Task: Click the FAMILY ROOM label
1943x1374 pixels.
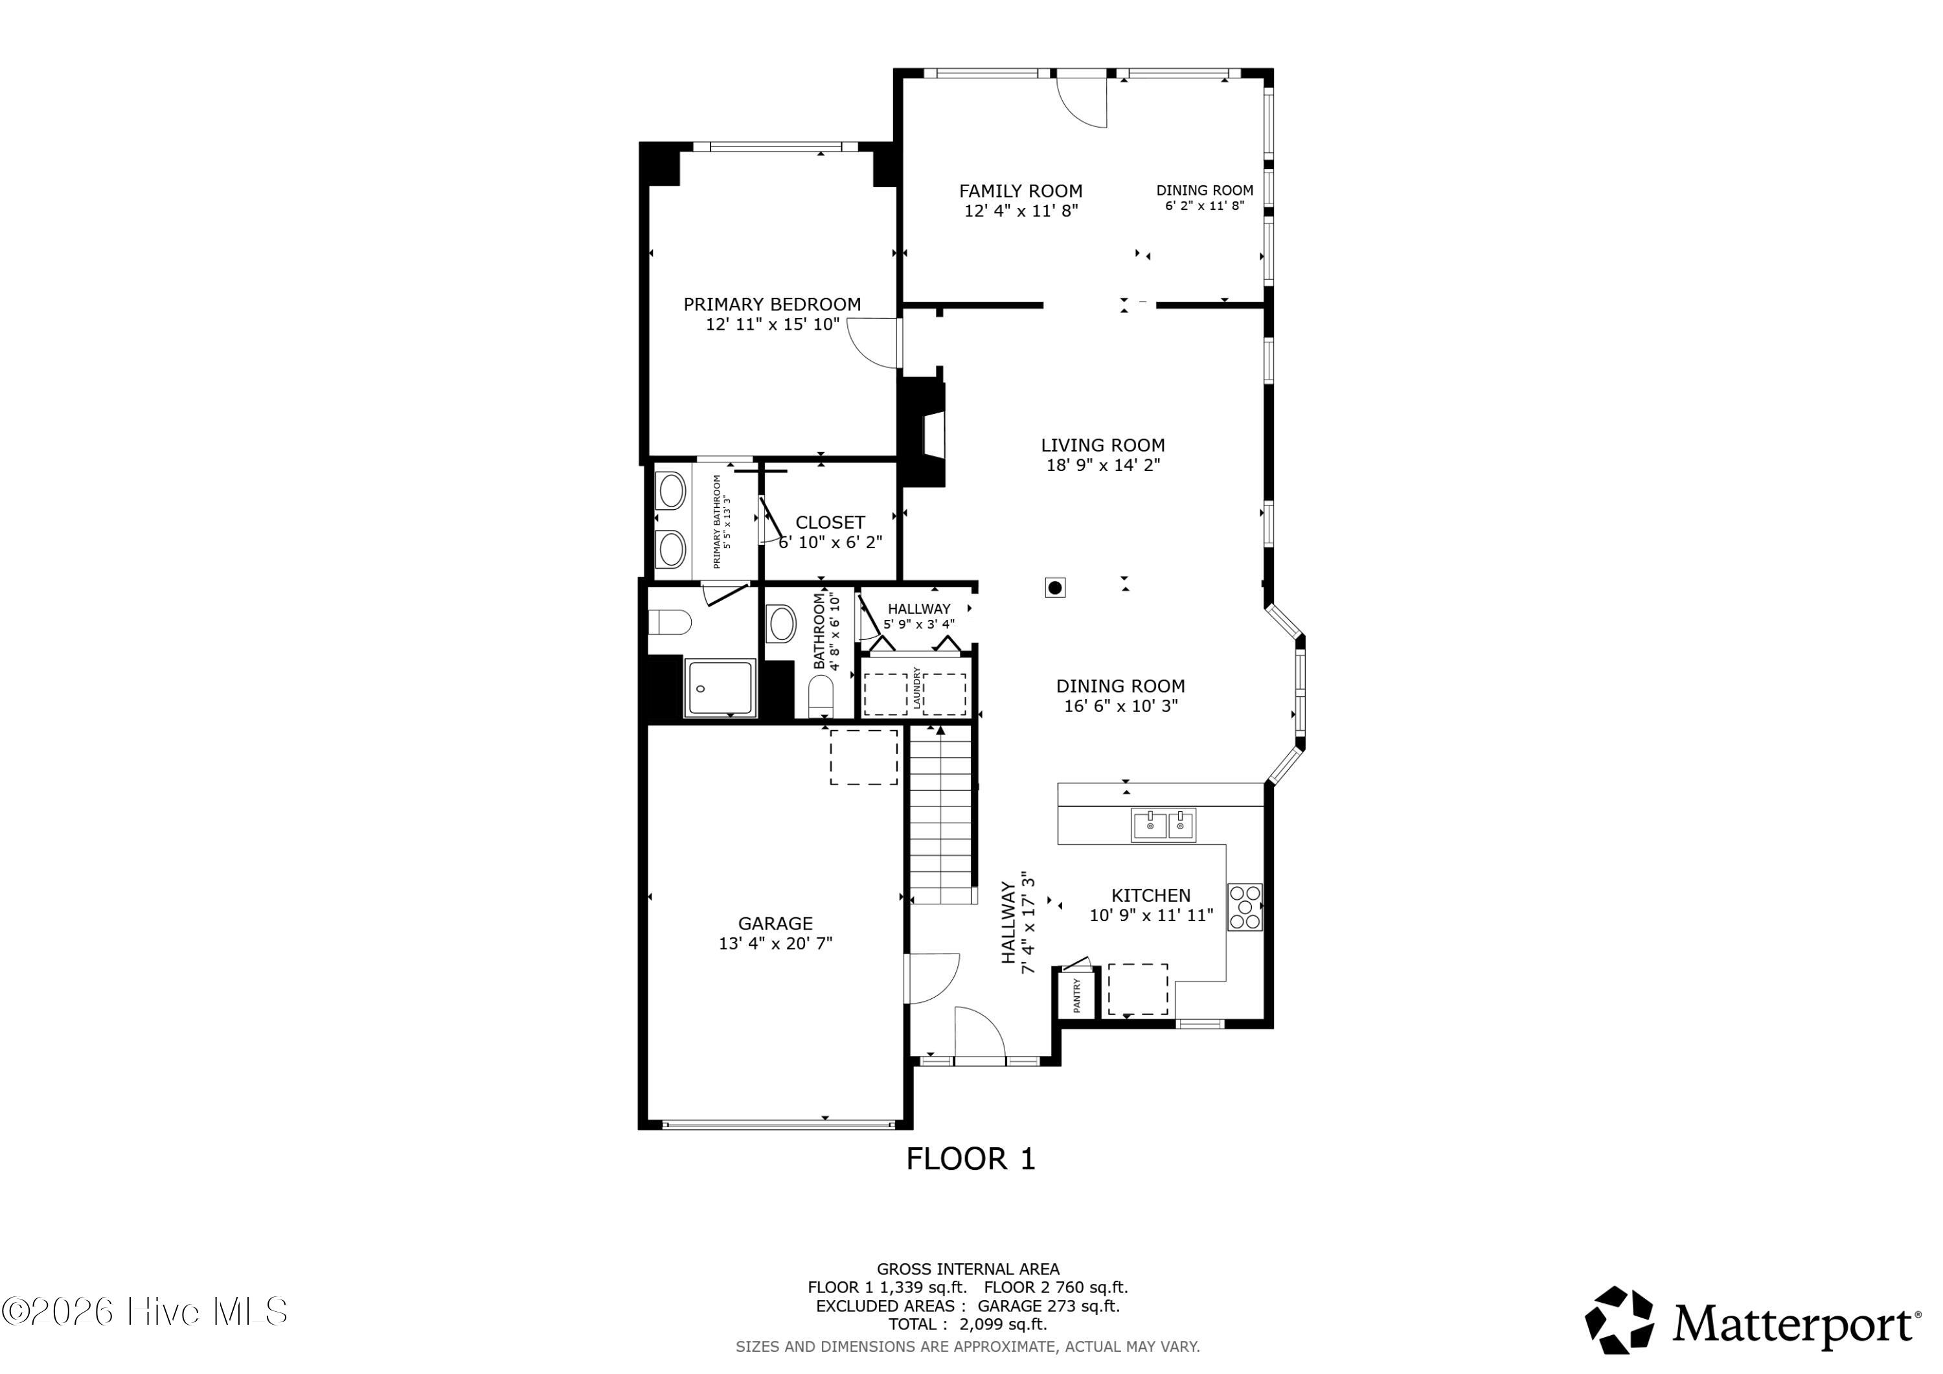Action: coord(1021,191)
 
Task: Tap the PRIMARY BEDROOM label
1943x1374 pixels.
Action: coord(772,304)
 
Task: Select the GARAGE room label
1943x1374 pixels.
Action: coord(775,924)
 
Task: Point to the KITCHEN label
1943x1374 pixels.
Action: coord(1151,896)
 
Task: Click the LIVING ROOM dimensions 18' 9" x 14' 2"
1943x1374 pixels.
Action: coord(1104,464)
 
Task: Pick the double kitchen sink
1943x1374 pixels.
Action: coord(1164,825)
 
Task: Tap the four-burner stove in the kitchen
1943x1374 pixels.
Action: coord(1245,908)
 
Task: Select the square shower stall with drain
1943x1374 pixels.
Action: coord(720,688)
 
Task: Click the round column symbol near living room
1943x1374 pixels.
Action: coord(1055,588)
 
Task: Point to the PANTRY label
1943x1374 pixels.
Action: coord(1077,996)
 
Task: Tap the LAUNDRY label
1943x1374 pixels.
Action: coord(916,688)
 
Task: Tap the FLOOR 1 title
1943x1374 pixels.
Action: coord(971,1159)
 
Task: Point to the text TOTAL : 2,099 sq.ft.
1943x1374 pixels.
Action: coord(967,1325)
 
